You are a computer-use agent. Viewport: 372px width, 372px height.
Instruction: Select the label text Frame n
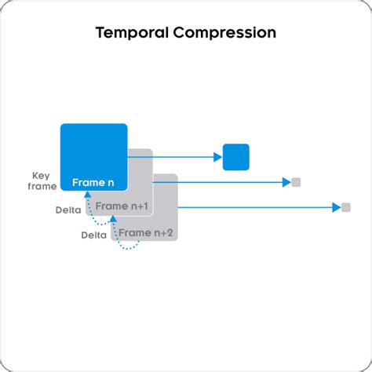pos(93,183)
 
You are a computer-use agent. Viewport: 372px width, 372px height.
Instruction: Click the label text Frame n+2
pos(146,233)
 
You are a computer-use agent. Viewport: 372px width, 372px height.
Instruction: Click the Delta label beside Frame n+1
pos(68,210)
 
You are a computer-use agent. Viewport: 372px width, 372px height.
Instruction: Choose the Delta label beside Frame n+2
pos(94,235)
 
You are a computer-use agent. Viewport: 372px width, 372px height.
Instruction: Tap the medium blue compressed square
pos(235,157)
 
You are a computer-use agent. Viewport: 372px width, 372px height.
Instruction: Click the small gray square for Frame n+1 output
pos(296,182)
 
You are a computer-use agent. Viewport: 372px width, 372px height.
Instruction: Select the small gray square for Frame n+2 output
pos(346,207)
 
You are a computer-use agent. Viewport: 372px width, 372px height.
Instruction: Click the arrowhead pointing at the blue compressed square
pos(217,157)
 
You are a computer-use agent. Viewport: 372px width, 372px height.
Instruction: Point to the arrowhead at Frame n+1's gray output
pos(286,182)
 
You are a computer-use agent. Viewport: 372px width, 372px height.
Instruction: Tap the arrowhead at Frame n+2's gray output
pos(337,207)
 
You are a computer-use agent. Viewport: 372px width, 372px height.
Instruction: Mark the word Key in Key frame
pos(41,176)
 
